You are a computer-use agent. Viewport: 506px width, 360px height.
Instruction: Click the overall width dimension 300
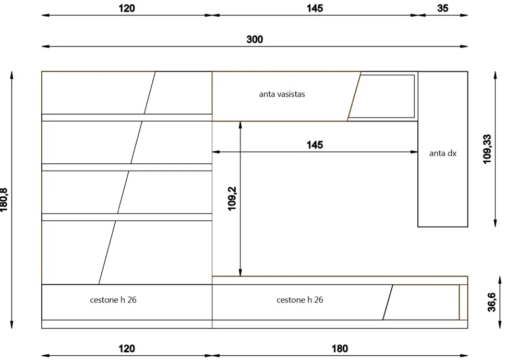tap(255, 39)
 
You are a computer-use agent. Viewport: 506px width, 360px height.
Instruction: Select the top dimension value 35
tap(442, 8)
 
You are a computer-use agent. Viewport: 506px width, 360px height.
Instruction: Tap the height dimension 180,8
tap(4, 200)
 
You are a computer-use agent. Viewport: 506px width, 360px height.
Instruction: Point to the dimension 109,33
tap(487, 149)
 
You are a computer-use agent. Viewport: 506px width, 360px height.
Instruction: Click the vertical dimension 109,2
tap(232, 199)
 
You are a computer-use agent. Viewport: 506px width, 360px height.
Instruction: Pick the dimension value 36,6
tap(491, 302)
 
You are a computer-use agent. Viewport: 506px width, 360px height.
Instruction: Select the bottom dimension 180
tap(340, 349)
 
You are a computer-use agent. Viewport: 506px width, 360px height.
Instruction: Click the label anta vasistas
tap(282, 94)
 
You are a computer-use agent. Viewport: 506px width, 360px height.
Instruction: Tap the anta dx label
tap(443, 153)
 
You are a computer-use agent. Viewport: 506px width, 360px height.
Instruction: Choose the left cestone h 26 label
tap(113, 299)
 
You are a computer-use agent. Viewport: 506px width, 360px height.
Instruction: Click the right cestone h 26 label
tap(300, 299)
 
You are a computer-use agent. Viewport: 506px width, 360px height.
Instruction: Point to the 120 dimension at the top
tap(126, 8)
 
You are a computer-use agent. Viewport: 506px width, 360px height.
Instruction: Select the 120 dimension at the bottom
tap(126, 349)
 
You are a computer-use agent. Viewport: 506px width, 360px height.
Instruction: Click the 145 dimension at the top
tap(315, 8)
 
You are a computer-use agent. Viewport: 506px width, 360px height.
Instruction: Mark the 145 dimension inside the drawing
tap(315, 145)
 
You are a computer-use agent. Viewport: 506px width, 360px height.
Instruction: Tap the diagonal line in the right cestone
tap(388, 302)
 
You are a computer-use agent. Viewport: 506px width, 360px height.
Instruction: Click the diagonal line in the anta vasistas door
tap(354, 96)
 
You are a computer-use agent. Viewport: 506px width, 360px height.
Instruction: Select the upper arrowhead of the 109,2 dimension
tap(240, 125)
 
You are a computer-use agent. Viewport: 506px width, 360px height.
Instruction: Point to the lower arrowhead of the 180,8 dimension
tap(11, 325)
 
